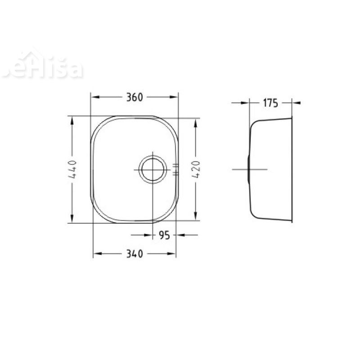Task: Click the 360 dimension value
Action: click(x=134, y=97)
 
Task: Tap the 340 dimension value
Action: click(x=134, y=254)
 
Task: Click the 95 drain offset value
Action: click(x=164, y=235)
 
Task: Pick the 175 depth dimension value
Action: click(x=270, y=103)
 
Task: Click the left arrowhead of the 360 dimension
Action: click(x=94, y=97)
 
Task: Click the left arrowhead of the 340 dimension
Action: click(x=97, y=254)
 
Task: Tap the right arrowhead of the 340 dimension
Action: click(x=172, y=254)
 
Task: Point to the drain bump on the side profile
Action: click(x=248, y=169)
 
